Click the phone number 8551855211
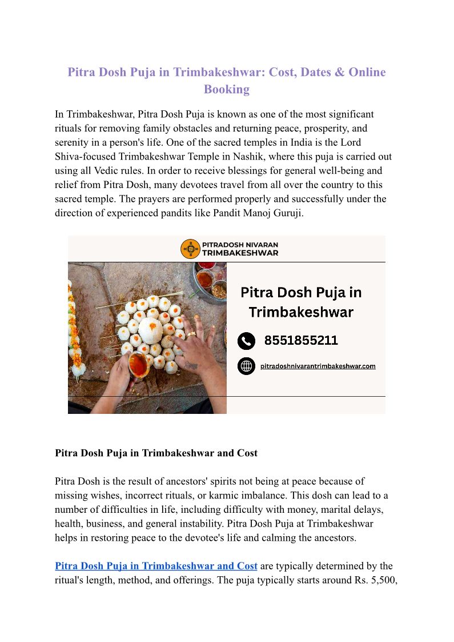coord(301,341)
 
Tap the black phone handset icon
coord(246,341)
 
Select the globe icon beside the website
coord(246,366)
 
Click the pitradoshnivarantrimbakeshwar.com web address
coord(318,366)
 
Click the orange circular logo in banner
coord(190,249)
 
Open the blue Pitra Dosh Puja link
coord(156,566)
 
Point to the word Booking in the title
coord(227,89)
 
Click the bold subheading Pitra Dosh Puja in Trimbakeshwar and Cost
coord(156,453)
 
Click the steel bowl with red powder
coord(205,268)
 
